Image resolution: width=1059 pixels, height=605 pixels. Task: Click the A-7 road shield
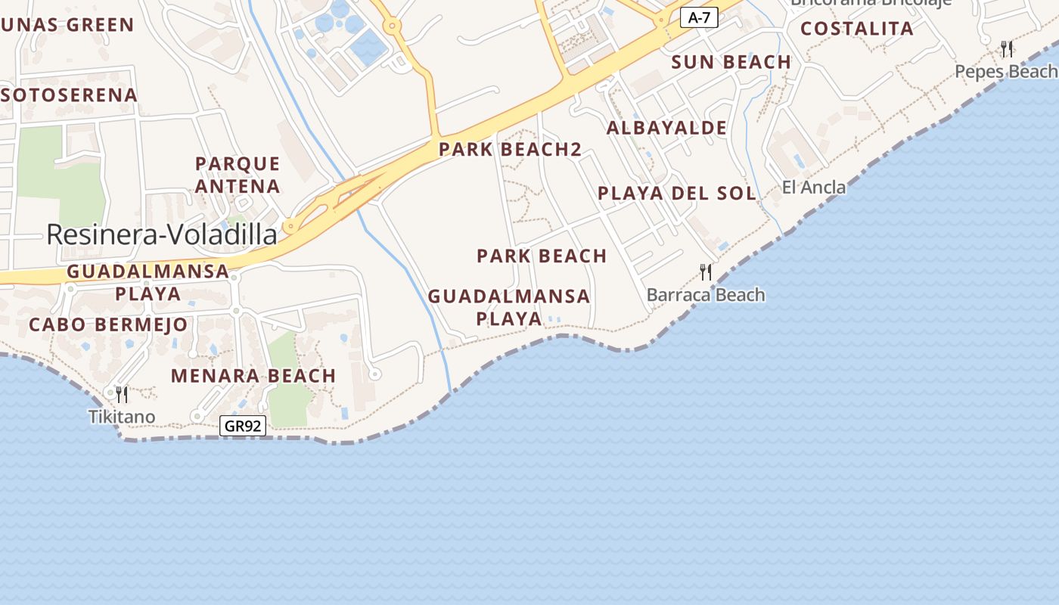click(x=699, y=17)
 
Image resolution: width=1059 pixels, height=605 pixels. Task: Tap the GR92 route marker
click(x=243, y=426)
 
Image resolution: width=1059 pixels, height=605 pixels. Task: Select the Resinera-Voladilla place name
click(x=162, y=234)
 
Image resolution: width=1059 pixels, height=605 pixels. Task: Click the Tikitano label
click(x=122, y=417)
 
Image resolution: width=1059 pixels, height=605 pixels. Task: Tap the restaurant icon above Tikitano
click(x=121, y=394)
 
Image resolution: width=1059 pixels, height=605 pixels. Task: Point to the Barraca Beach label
click(x=706, y=295)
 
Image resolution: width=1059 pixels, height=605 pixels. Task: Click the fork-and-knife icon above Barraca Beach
click(x=706, y=272)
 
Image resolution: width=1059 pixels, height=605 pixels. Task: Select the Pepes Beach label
click(x=1005, y=71)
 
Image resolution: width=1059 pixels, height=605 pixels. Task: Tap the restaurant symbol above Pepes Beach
click(x=1007, y=49)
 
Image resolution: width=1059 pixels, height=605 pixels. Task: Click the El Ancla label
click(x=814, y=187)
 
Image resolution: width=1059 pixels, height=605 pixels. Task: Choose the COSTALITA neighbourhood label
click(x=857, y=29)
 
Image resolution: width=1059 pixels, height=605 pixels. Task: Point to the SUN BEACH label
click(x=731, y=62)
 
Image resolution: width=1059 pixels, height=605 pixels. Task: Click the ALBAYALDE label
click(x=666, y=128)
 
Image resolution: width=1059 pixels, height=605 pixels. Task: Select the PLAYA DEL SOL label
click(x=677, y=193)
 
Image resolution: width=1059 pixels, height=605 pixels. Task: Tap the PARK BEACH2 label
click(x=511, y=149)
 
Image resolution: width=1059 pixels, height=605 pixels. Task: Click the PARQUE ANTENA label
click(x=238, y=175)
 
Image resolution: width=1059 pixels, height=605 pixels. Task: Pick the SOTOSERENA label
click(x=70, y=95)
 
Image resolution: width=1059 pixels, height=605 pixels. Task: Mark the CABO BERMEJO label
click(x=108, y=324)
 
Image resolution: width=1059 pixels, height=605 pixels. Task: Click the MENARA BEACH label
click(x=253, y=375)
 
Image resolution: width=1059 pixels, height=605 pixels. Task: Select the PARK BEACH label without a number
click(x=542, y=256)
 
